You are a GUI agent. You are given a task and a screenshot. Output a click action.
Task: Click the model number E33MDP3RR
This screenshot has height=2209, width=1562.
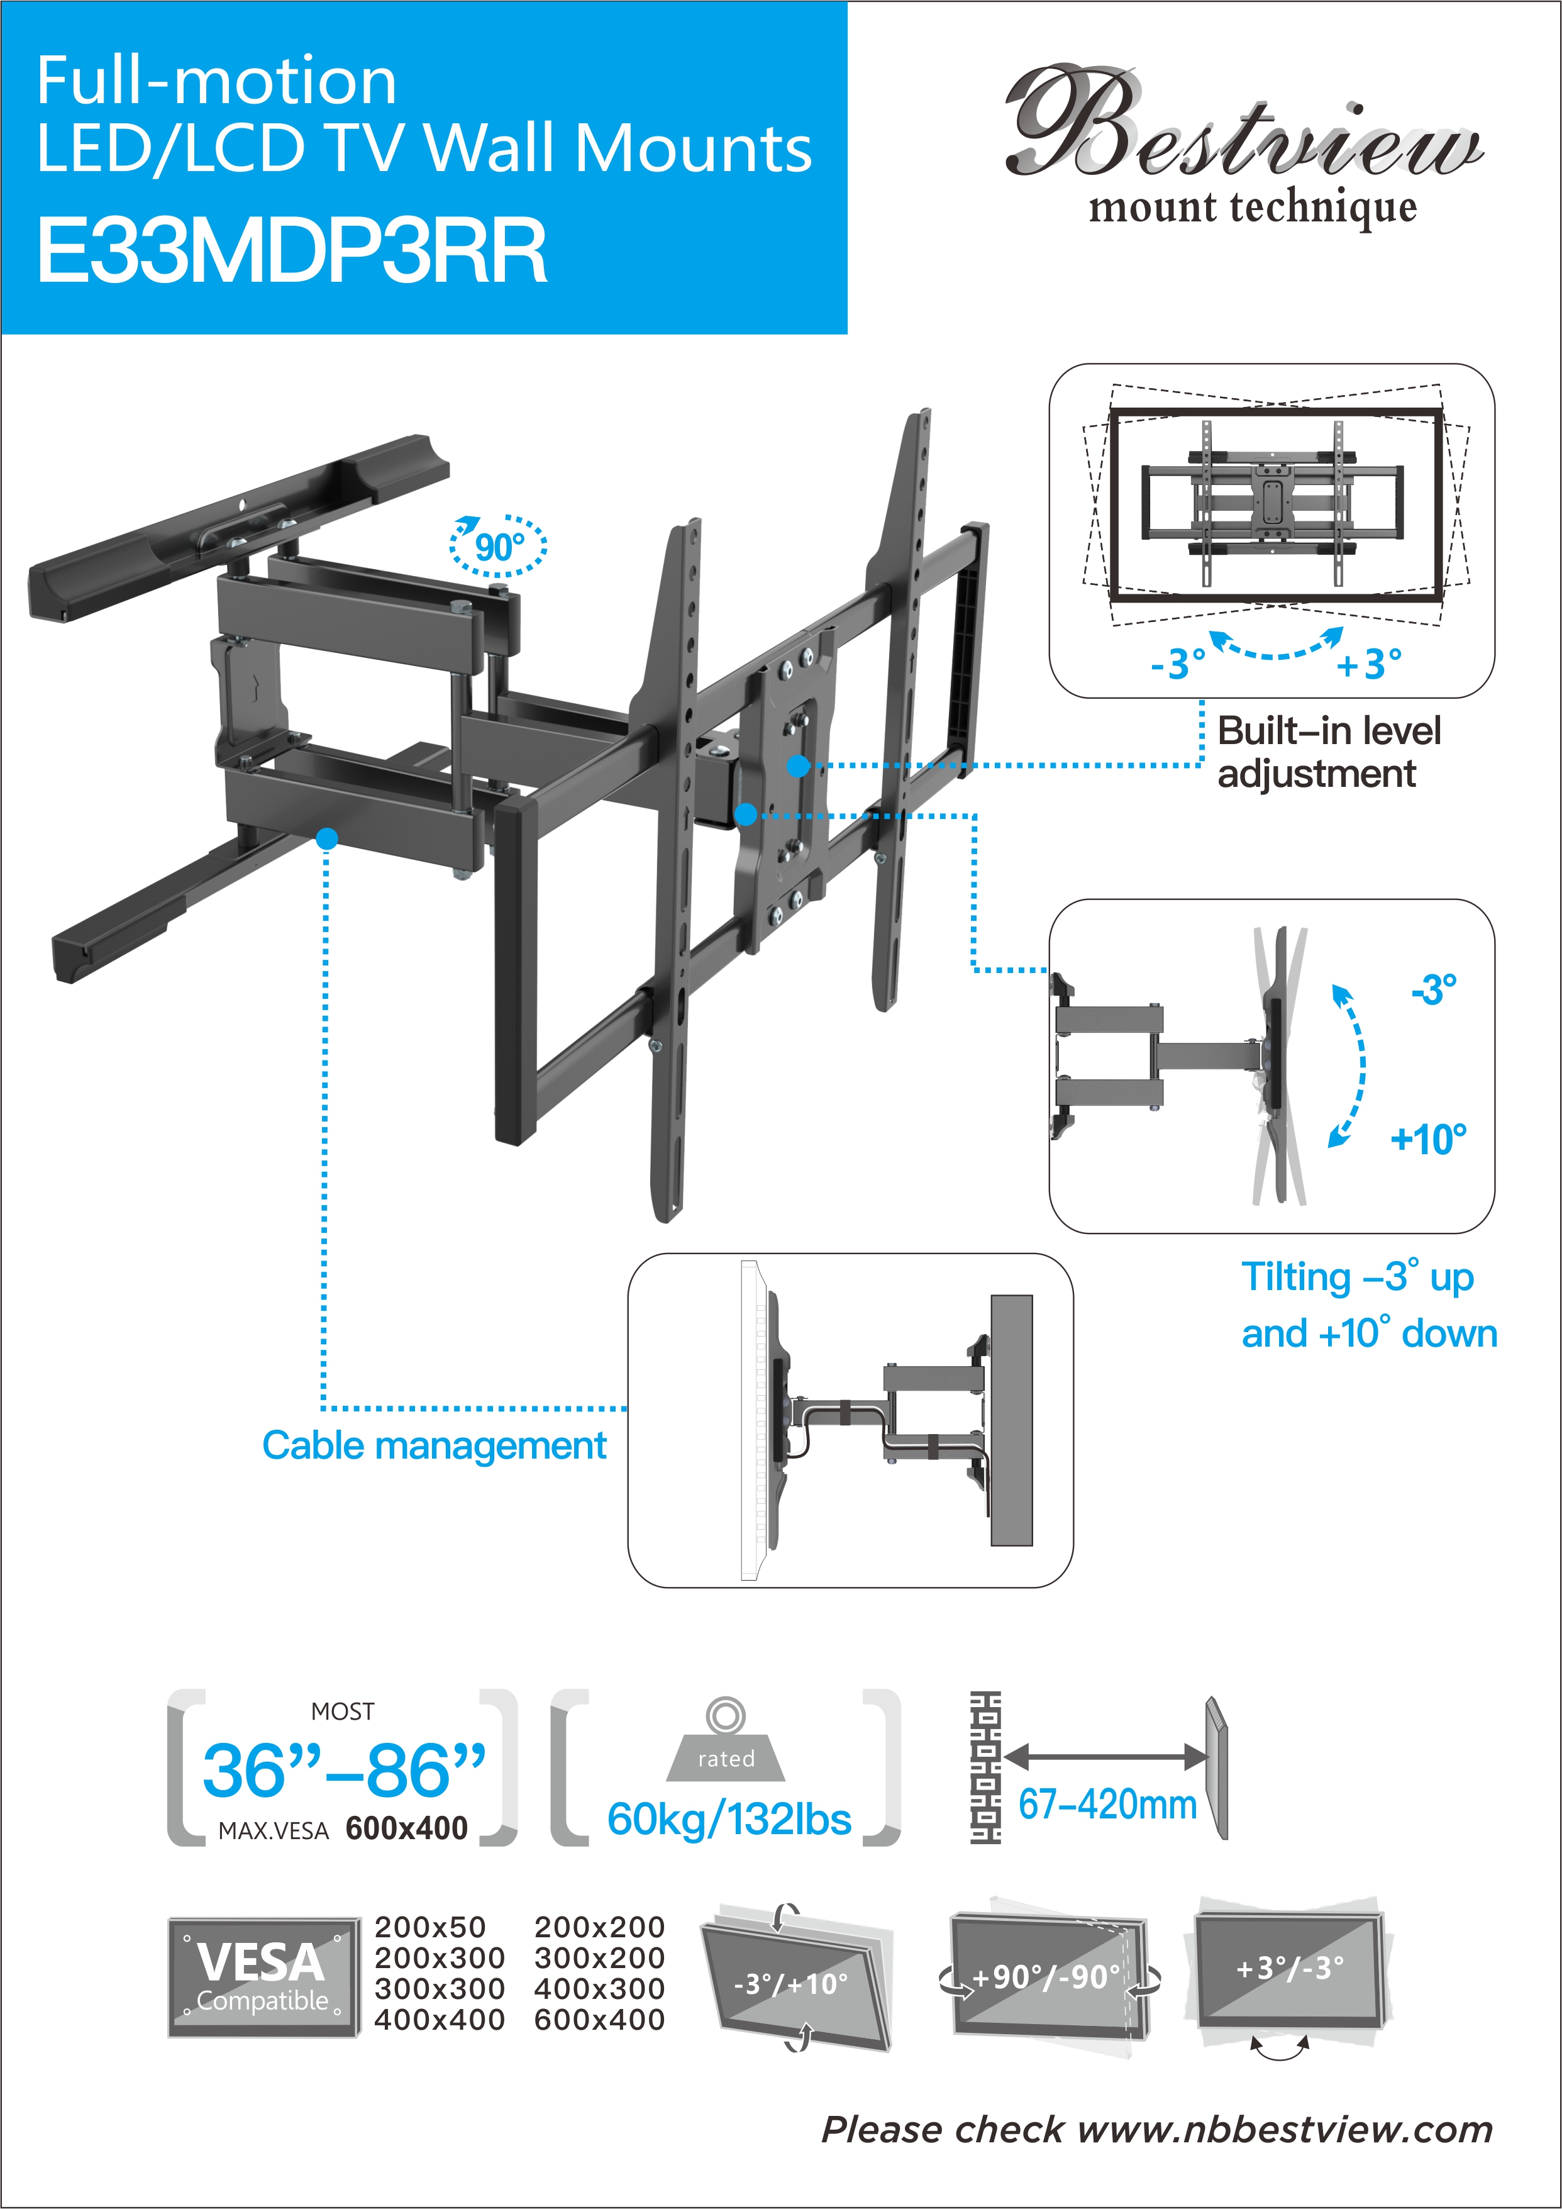click(291, 250)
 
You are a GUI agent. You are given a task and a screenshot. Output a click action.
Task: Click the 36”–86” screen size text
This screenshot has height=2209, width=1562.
click(345, 1770)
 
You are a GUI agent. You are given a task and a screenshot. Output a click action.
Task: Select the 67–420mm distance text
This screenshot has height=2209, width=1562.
click(1108, 1804)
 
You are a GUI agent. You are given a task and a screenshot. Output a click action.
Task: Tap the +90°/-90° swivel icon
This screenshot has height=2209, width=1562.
click(1050, 1977)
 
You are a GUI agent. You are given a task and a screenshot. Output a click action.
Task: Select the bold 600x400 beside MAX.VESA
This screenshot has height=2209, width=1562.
click(407, 1828)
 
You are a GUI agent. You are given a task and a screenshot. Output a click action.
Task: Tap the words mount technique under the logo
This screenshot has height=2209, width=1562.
click(1252, 208)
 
